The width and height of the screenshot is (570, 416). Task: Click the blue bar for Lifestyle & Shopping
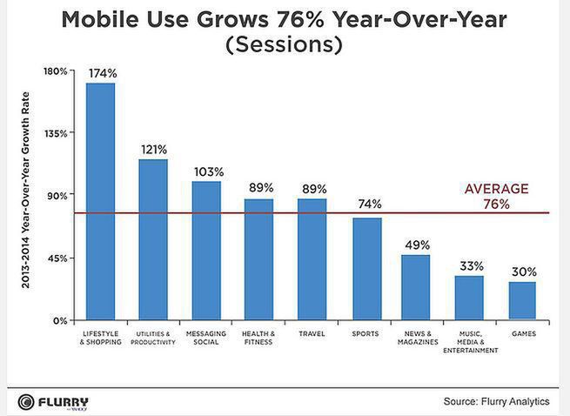click(100, 201)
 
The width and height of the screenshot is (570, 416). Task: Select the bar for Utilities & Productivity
click(153, 239)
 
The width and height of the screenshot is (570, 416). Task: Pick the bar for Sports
click(367, 269)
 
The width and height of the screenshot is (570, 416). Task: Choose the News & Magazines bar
click(416, 287)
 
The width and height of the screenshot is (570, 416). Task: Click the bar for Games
click(522, 300)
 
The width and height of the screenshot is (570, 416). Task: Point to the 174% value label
click(101, 73)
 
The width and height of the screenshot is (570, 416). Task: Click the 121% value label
click(154, 150)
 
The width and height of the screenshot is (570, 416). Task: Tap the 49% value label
click(417, 245)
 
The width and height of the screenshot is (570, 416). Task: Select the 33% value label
click(470, 266)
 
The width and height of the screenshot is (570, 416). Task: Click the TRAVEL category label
click(312, 333)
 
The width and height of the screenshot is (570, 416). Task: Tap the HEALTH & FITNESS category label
click(258, 338)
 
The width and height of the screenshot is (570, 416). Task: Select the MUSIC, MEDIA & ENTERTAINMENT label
click(470, 341)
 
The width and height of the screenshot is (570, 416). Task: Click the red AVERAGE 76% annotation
click(496, 196)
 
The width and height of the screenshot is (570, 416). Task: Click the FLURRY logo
click(53, 401)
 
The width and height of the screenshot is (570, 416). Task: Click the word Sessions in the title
click(285, 44)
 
